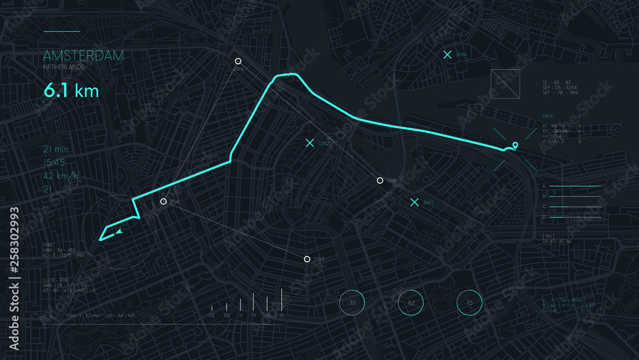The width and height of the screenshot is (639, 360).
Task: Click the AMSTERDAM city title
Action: [84, 56]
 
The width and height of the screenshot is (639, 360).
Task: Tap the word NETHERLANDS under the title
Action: [64, 67]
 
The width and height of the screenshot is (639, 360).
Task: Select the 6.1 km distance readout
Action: [71, 91]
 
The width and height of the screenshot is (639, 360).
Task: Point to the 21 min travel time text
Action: [56, 149]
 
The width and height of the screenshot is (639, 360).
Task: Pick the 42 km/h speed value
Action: [61, 176]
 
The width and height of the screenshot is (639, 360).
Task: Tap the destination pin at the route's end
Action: [514, 145]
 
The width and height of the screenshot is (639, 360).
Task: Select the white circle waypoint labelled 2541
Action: [164, 201]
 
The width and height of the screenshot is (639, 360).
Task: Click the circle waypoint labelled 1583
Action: [380, 181]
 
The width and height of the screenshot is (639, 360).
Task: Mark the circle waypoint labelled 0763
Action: [307, 259]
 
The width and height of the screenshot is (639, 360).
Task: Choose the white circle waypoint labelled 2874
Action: [238, 61]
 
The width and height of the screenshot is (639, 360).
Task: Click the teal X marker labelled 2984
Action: [447, 55]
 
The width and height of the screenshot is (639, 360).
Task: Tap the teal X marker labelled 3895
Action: [414, 202]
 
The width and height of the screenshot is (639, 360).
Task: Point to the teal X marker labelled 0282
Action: [310, 143]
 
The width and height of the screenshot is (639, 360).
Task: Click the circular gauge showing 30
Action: [351, 302]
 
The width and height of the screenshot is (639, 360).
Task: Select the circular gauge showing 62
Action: [411, 302]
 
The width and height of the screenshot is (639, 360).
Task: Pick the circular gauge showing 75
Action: [469, 302]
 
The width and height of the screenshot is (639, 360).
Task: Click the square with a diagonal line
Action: [505, 84]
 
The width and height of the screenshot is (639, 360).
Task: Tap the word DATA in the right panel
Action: [548, 116]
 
